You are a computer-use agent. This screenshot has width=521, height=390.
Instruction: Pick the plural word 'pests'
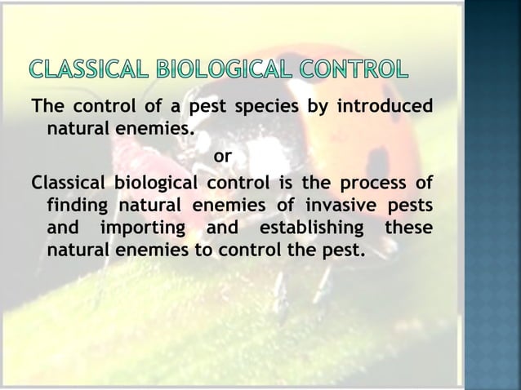410,202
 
